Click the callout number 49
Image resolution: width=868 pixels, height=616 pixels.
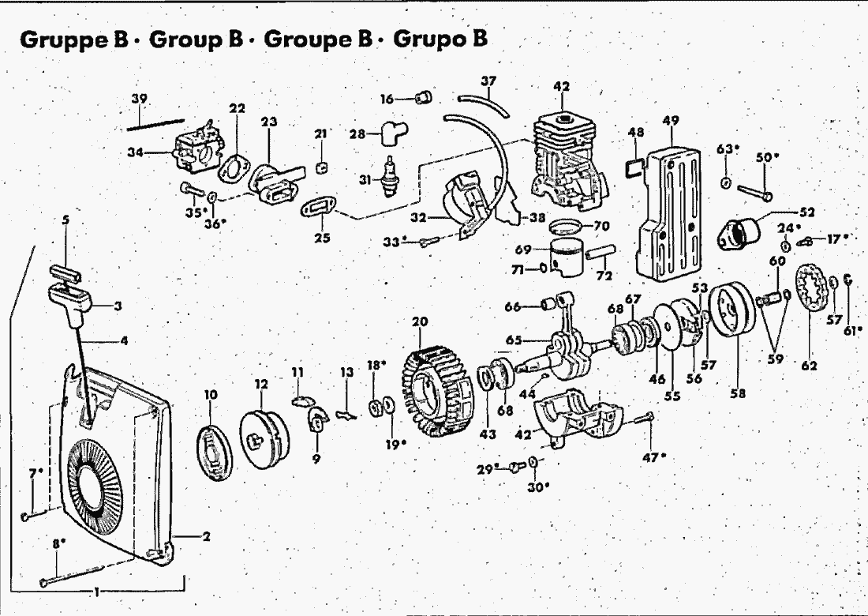[671, 121]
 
